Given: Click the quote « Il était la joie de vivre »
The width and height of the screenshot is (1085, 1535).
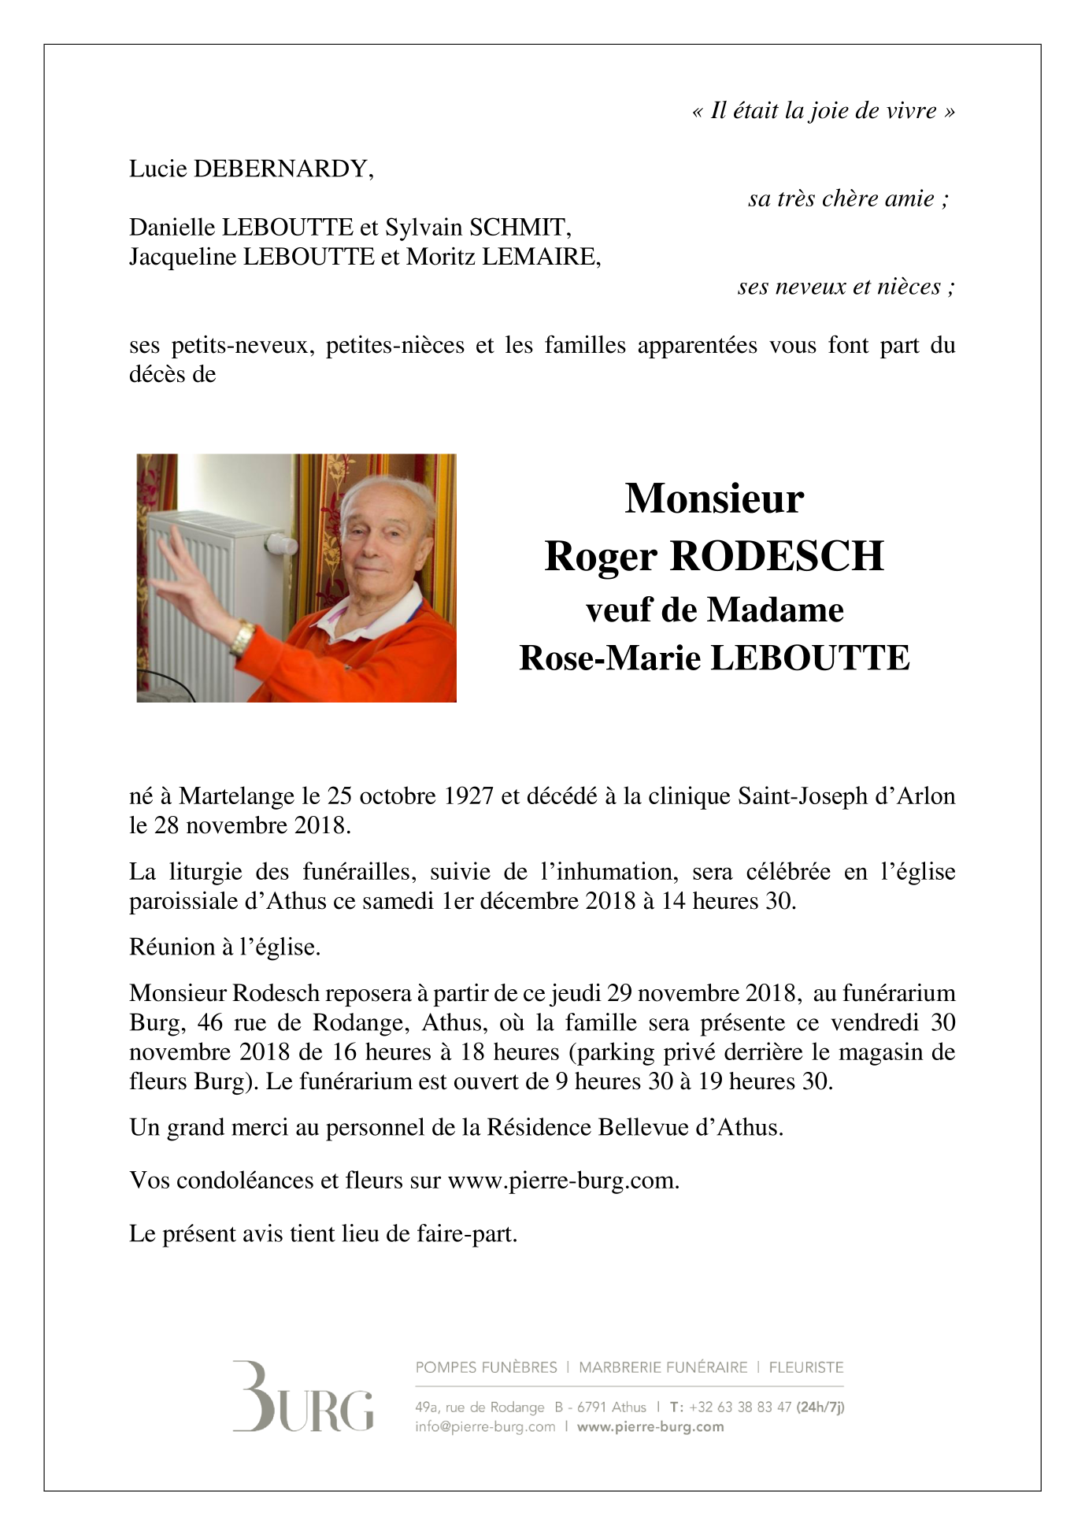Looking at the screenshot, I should tap(823, 111).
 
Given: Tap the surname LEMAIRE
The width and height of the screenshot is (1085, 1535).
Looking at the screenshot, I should tap(540, 257).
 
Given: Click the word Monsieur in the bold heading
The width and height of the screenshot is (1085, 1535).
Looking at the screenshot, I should tap(714, 499).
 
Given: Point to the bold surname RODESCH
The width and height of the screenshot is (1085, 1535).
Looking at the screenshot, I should tap(776, 556).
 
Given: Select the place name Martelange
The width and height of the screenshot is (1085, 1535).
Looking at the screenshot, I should tap(238, 796).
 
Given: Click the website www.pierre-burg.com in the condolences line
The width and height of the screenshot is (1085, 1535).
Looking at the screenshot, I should tap(562, 1181).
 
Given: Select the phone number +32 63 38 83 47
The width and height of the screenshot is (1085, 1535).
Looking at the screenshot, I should tap(739, 1407).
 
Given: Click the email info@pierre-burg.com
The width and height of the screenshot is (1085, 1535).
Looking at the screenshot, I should tap(485, 1426).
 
